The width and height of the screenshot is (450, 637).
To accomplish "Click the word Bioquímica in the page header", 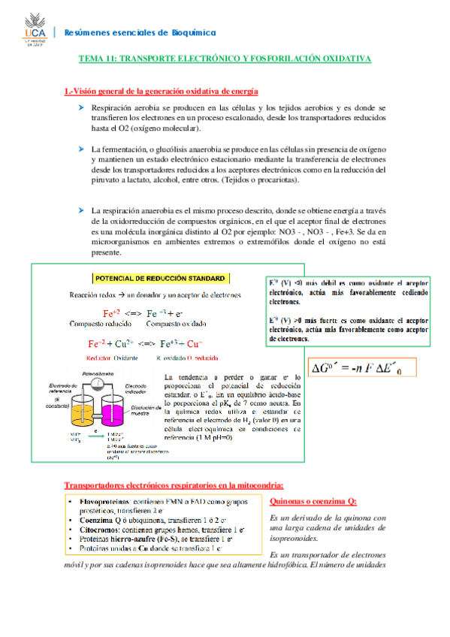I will pos(191,32).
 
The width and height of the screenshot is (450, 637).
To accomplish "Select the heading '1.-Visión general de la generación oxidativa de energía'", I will pos(162,91).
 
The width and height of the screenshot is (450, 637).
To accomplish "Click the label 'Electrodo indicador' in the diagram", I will pos(137,386).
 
